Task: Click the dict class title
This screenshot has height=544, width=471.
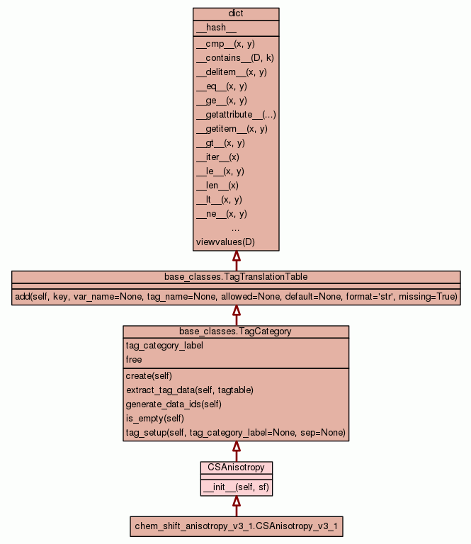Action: tap(236, 13)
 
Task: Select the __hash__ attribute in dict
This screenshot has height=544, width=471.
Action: tap(211, 28)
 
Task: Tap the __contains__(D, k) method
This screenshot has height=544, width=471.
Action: tap(234, 58)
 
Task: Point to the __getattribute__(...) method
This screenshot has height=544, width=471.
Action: tap(236, 115)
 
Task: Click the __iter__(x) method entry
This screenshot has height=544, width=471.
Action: tap(217, 157)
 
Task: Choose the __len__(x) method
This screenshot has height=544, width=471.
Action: tap(217, 186)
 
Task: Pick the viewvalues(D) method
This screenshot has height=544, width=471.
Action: tap(225, 242)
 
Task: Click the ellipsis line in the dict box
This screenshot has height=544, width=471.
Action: tap(236, 228)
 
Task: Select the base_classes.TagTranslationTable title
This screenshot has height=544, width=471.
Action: tap(236, 276)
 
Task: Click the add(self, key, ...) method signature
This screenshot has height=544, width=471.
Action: tap(236, 296)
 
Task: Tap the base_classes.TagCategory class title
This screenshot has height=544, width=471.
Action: tap(236, 331)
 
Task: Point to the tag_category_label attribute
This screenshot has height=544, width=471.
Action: tap(164, 346)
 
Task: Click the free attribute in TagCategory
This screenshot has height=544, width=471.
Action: tap(134, 360)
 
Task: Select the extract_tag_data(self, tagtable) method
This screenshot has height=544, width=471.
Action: tap(189, 390)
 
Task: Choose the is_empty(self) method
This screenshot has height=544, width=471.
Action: tap(155, 419)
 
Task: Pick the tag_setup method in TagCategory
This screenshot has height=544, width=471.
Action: tap(235, 433)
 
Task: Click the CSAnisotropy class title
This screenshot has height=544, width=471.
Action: tap(236, 467)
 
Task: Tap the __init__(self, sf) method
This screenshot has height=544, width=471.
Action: tap(236, 487)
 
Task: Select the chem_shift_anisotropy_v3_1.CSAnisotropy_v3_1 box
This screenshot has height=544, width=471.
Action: tap(236, 526)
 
